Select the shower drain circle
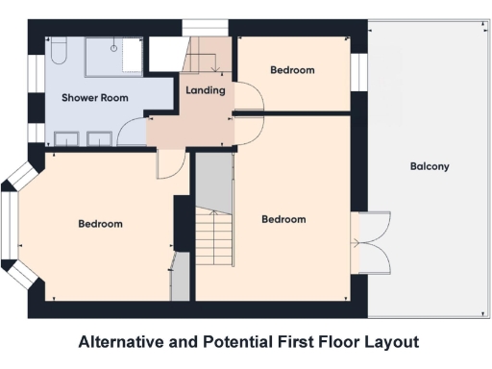(113, 46)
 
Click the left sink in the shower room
(65, 138)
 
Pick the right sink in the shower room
(100, 138)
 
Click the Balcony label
(430, 166)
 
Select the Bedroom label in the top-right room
(292, 70)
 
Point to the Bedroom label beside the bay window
(100, 224)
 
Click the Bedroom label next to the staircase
(283, 219)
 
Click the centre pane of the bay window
(9, 225)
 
